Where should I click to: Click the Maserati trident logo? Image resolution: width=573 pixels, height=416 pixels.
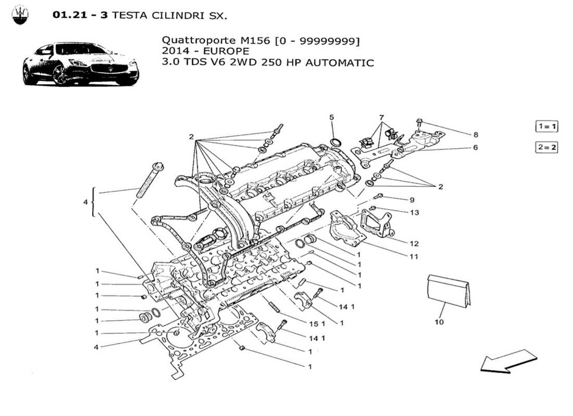click(x=21, y=16)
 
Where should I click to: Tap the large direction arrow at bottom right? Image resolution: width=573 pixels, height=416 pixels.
click(x=508, y=361)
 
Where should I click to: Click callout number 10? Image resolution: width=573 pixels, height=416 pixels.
click(x=439, y=322)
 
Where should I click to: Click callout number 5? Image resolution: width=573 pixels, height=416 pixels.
click(x=331, y=117)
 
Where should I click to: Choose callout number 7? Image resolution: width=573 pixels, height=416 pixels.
click(x=381, y=117)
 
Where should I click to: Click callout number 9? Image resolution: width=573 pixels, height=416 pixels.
click(x=412, y=200)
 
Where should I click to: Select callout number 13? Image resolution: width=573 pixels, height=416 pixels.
click(x=414, y=213)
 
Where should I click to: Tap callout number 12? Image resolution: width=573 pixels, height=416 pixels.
click(x=414, y=243)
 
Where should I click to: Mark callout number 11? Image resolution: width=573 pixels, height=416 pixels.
click(x=414, y=256)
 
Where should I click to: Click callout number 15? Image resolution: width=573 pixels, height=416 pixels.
click(x=313, y=323)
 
